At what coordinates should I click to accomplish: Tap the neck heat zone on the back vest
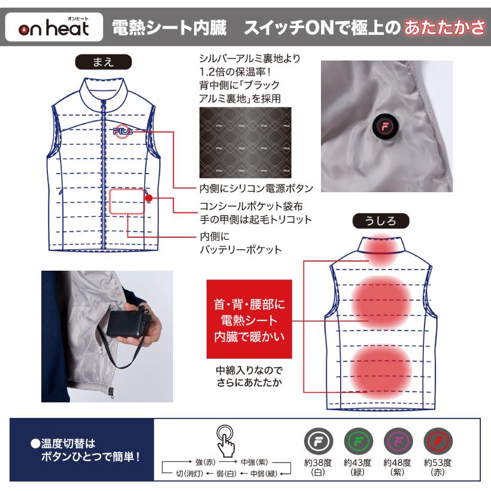coord(381,250)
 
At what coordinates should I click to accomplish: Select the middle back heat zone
coord(381,302)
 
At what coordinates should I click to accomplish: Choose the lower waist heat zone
coord(381,368)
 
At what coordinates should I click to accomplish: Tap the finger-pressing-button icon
coord(226,440)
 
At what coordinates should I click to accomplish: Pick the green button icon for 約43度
coord(355,442)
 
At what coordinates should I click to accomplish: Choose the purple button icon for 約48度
coord(395,442)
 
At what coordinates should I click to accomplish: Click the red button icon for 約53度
coord(436,442)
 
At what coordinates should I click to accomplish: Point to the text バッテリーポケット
coord(240,249)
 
